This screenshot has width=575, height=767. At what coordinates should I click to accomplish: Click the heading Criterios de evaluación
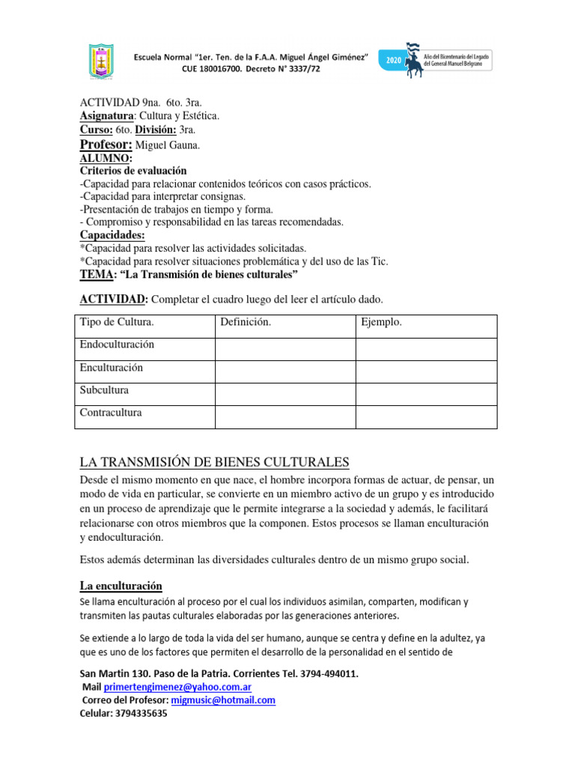click(133, 171)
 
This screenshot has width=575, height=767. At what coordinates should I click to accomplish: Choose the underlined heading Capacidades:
click(112, 235)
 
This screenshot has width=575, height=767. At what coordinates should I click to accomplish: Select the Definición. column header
click(246, 323)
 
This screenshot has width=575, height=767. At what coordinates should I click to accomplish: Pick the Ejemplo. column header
click(382, 323)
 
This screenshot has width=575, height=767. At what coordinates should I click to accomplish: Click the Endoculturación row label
click(117, 345)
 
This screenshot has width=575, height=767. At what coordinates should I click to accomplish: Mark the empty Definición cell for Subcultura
click(285, 391)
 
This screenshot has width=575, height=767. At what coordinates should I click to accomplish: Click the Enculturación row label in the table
click(112, 368)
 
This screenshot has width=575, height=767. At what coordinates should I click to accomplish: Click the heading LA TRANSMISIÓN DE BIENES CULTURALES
click(214, 461)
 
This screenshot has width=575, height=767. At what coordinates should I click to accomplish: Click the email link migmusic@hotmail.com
click(223, 700)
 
